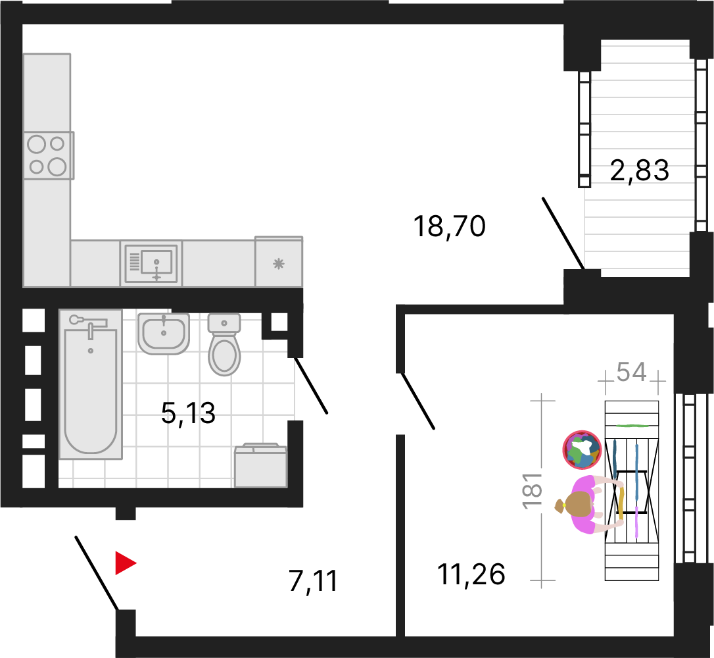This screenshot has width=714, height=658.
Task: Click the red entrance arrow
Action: point(125,563)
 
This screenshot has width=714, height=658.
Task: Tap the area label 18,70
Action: point(450,226)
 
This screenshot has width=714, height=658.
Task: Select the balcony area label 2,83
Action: point(639,170)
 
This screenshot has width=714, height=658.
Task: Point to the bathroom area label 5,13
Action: point(188,413)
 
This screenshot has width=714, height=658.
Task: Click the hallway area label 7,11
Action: point(314,581)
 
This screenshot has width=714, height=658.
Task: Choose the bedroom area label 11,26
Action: point(471,574)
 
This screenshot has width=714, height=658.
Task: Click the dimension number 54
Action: point(632,372)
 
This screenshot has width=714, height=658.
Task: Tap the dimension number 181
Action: point(533,491)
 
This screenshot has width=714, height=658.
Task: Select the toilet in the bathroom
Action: point(224,344)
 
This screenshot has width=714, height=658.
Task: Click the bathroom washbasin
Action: point(164,334)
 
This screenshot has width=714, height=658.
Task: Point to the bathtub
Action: point(91,384)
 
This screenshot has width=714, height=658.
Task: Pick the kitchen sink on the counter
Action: point(151,263)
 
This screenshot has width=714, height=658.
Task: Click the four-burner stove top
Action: point(49,155)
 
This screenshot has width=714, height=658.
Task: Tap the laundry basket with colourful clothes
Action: point(582,450)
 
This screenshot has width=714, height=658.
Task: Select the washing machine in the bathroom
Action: point(260,465)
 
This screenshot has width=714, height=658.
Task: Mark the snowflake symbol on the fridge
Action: point(279,263)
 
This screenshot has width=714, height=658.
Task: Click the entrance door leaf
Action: point(97,572)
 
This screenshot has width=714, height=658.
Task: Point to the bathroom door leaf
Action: point(311,385)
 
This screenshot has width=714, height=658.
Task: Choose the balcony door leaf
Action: point(563,234)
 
